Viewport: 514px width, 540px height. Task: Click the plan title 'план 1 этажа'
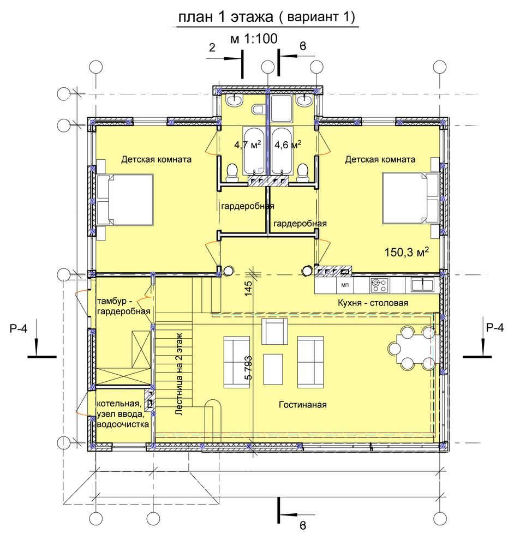click(x=225, y=16)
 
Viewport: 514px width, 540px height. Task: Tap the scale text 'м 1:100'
click(x=254, y=39)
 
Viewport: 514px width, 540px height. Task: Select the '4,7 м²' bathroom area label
click(x=247, y=145)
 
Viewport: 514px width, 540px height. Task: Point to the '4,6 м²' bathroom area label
click(x=288, y=145)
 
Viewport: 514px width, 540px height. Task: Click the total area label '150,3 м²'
click(x=407, y=252)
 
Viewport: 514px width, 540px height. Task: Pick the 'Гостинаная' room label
click(x=302, y=405)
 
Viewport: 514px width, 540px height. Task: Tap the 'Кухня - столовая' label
click(x=373, y=303)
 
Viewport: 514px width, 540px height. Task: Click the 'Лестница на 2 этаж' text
click(x=179, y=374)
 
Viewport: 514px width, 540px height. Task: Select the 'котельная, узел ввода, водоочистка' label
click(x=123, y=414)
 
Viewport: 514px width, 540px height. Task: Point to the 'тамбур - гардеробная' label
click(x=124, y=306)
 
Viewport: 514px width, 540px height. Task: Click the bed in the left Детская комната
click(x=125, y=200)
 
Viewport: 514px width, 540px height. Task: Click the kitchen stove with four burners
click(x=379, y=285)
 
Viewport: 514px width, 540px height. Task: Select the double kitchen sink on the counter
click(x=422, y=285)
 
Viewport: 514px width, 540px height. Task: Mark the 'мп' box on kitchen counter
click(x=345, y=285)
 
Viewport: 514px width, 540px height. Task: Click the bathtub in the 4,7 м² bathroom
click(x=254, y=151)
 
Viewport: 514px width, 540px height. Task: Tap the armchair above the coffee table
click(x=274, y=331)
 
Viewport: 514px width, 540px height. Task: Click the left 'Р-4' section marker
click(x=19, y=328)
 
